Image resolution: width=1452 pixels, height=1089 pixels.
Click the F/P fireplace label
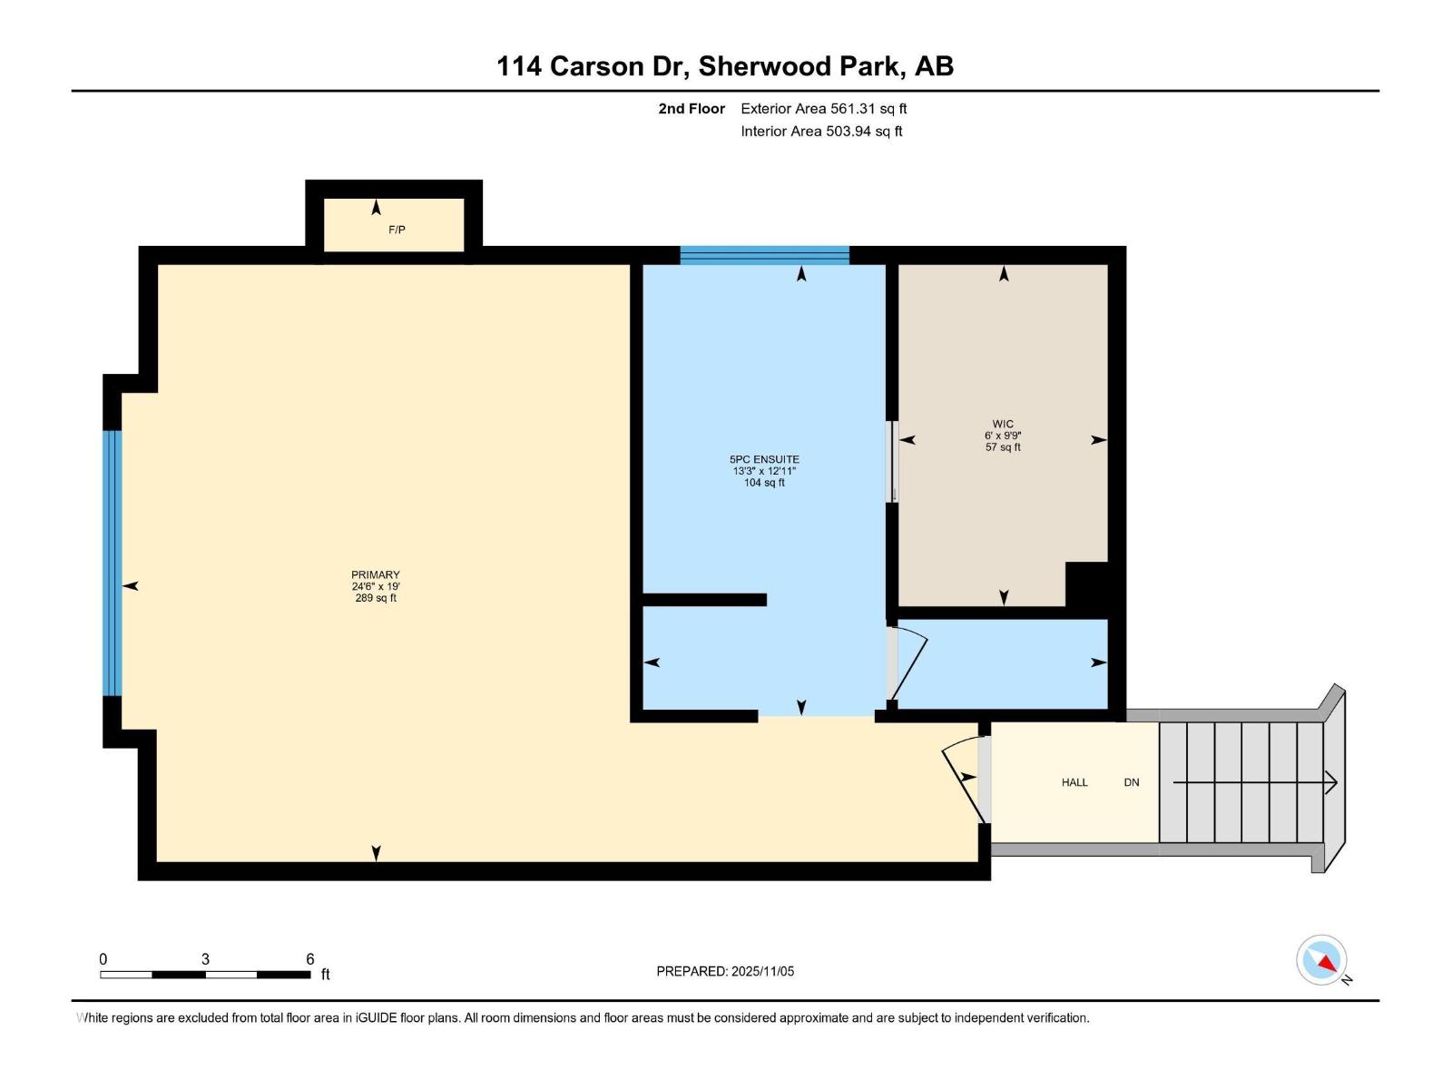(397, 230)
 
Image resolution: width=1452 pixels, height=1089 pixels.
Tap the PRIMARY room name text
(376, 574)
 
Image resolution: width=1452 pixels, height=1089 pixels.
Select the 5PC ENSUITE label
(764, 459)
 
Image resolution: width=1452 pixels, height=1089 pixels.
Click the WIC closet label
(1003, 424)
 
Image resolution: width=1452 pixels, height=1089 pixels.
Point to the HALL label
(1074, 782)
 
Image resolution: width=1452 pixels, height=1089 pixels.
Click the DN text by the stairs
(1132, 782)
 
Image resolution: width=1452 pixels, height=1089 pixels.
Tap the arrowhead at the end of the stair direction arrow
(1332, 782)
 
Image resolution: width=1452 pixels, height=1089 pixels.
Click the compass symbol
(1322, 960)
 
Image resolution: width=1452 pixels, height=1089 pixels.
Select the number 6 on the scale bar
(309, 959)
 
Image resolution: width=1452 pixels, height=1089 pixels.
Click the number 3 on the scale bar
(206, 959)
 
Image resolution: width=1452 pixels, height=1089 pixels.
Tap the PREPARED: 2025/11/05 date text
(725, 971)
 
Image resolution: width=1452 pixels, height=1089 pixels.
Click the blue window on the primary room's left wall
(112, 563)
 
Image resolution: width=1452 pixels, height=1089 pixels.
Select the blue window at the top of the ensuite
(764, 255)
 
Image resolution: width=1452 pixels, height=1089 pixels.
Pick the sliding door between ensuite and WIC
(893, 461)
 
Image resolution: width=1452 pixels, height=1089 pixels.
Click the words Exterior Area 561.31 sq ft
(823, 109)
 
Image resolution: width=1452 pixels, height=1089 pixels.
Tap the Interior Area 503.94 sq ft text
(821, 132)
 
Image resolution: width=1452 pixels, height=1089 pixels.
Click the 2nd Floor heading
(692, 109)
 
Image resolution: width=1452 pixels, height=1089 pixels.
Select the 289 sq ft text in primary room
(376, 598)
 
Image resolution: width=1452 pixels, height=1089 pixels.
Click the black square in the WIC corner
(1087, 585)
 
